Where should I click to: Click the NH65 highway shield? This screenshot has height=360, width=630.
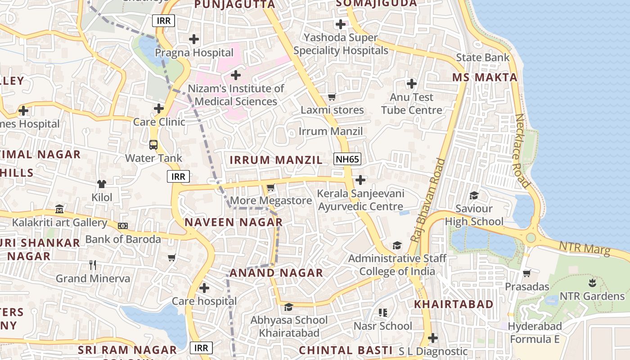(347, 158)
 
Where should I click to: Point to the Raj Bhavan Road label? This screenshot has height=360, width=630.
(427, 200)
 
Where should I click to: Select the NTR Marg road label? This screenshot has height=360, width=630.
(585, 248)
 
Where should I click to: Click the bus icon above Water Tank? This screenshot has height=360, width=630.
(153, 145)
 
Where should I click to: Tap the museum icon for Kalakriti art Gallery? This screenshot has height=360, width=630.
(59, 209)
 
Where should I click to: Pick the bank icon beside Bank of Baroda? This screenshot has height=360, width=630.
(122, 226)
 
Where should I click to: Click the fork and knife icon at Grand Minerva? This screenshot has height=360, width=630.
(93, 265)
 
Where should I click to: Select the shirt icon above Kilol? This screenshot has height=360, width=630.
(102, 184)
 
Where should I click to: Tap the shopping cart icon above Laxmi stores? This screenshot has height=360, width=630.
(332, 97)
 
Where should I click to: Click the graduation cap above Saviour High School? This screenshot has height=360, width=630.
(474, 195)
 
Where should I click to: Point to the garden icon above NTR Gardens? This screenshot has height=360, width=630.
(592, 283)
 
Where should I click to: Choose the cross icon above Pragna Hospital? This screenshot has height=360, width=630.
(194, 39)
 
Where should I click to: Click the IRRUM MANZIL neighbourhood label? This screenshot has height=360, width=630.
(276, 160)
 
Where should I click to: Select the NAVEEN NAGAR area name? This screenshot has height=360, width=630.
(234, 222)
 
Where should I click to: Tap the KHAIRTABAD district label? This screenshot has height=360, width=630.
(454, 304)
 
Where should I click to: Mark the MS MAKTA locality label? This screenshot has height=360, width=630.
(485, 77)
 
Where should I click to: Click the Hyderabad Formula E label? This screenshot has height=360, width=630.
(535, 333)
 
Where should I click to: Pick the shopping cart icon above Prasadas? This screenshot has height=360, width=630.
(527, 273)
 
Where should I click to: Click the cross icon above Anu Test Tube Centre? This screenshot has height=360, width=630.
(411, 84)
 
